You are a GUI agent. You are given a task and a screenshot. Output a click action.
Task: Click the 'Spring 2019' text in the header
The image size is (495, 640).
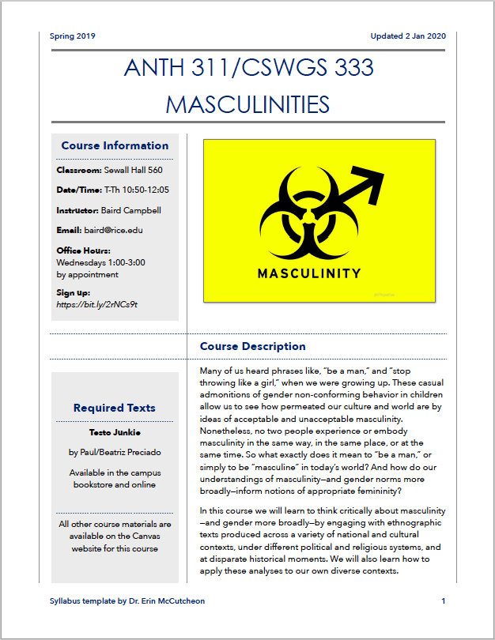(72, 36)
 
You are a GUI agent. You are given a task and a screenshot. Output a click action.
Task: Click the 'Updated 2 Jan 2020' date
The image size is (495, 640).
(407, 36)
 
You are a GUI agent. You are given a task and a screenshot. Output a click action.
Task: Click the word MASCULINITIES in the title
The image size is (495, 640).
(247, 104)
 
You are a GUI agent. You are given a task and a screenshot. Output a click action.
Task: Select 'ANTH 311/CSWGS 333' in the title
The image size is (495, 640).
(248, 68)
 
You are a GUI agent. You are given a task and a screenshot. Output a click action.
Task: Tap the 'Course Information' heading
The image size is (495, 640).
(115, 145)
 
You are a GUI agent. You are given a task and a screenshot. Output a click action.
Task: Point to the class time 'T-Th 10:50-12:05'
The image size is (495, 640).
(137, 190)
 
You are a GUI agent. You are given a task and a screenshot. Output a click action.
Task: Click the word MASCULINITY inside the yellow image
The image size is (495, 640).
(308, 273)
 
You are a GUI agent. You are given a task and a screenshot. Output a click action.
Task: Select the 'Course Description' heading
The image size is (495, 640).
(252, 346)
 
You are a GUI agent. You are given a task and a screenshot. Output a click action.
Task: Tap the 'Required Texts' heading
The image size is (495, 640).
(115, 408)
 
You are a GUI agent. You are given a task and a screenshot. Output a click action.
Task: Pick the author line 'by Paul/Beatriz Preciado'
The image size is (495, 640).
(115, 453)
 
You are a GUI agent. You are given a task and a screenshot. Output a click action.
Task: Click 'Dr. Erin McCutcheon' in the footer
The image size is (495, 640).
(164, 601)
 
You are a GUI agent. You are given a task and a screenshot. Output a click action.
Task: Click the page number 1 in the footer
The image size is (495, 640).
(444, 601)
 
